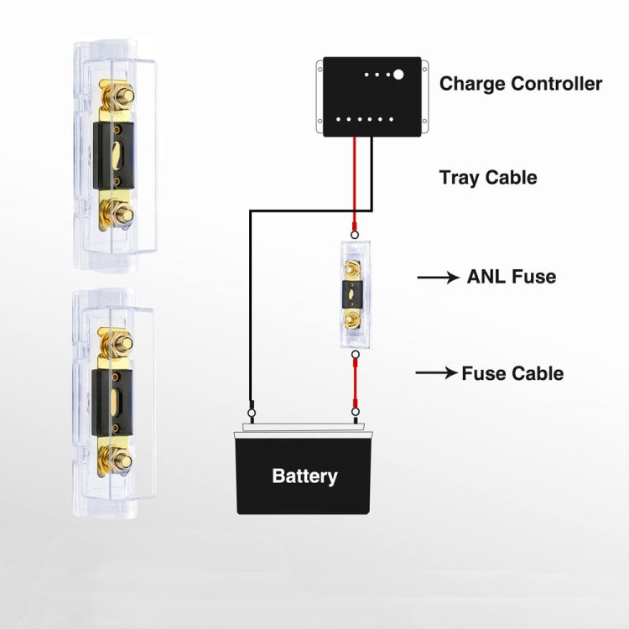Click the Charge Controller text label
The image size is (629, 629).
click(520, 84)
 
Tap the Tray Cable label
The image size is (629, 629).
click(487, 178)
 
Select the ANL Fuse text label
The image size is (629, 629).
click(511, 277)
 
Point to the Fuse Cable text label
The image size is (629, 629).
click(512, 373)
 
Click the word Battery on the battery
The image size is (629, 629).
click(304, 476)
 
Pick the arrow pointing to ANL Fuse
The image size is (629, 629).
click(438, 278)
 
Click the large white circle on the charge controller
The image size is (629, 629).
click(398, 75)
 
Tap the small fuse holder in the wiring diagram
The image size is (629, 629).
click(354, 293)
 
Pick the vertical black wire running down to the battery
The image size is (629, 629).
click(250, 310)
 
